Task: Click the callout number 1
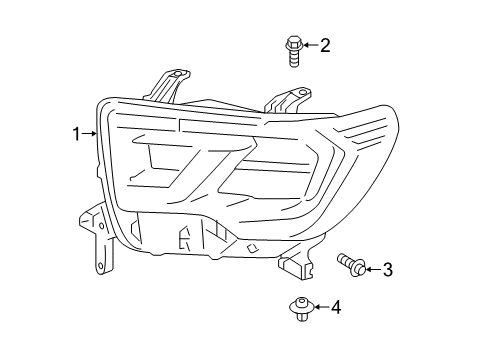pos(75,133)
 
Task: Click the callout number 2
pos(324,45)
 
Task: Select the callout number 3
pos(388,268)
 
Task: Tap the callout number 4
pos(336,307)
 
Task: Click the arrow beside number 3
pos(373,268)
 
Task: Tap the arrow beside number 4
pos(321,307)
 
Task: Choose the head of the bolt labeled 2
pos(293,43)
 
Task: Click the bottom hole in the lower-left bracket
pos(99,264)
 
